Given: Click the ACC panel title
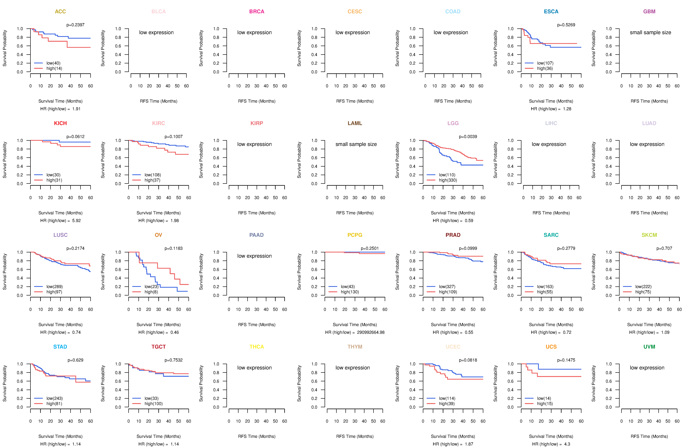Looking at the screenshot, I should [60, 12].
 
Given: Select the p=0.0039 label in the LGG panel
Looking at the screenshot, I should [468, 137].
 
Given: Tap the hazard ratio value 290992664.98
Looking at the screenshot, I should [371, 332].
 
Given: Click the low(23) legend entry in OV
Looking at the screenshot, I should [151, 287].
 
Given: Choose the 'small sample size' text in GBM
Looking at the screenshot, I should [650, 32].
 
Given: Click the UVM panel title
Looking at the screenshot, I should [649, 347].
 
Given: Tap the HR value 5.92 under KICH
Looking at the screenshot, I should [76, 221].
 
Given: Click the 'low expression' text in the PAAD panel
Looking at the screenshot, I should [254, 256].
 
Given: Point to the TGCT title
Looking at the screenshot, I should [158, 347].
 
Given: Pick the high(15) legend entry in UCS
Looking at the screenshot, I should [545, 404].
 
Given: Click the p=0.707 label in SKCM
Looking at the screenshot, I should [664, 248].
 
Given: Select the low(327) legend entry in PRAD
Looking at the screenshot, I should [447, 287].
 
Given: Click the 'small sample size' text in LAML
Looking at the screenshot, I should [356, 144].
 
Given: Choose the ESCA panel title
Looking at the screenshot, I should [551, 12].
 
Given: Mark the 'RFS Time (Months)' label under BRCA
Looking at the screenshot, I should [257, 101].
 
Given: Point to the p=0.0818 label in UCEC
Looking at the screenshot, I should [468, 360].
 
